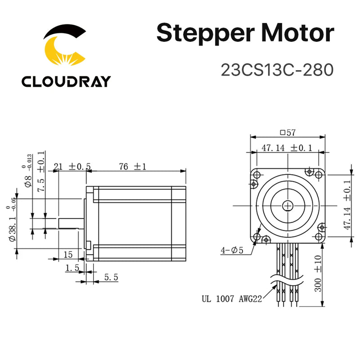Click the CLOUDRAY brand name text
[66, 81]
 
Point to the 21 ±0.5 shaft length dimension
[72, 166]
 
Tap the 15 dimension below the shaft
[68, 255]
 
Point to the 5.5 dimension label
[110, 278]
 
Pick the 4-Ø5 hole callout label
[231, 251]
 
